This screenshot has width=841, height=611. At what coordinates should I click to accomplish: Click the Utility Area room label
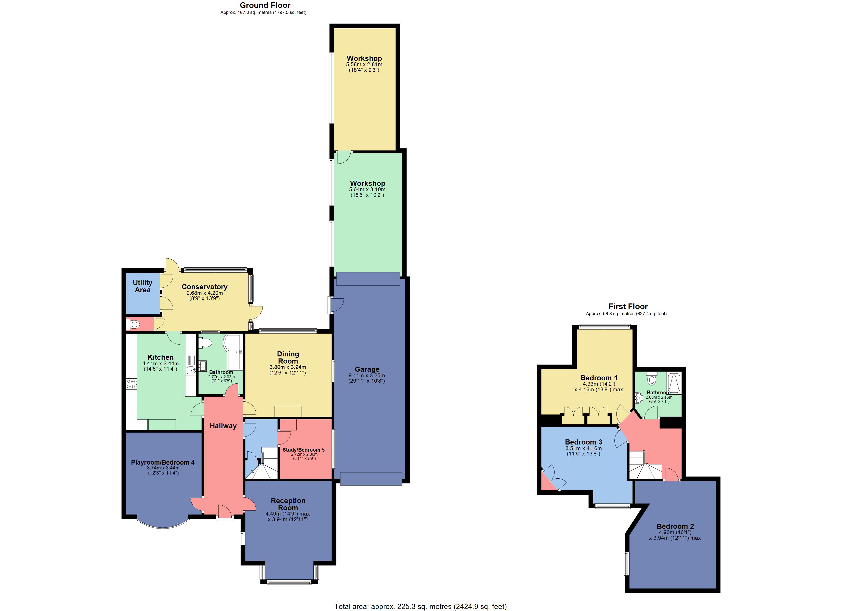[142, 286]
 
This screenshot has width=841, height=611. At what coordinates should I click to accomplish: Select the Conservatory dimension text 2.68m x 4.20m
[204, 293]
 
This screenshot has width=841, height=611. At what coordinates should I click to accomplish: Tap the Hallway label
[223, 426]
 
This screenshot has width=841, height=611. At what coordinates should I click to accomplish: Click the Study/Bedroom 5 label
[303, 449]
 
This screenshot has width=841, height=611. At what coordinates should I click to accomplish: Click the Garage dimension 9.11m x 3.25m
[366, 375]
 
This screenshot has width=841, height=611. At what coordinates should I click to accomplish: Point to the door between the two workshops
[344, 157]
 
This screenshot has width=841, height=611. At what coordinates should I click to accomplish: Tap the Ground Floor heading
[265, 5]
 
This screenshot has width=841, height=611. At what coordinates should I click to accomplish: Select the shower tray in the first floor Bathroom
[674, 383]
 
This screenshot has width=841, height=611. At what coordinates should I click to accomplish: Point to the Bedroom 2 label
[675, 526]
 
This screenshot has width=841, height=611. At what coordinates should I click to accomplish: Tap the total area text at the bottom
[420, 606]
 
